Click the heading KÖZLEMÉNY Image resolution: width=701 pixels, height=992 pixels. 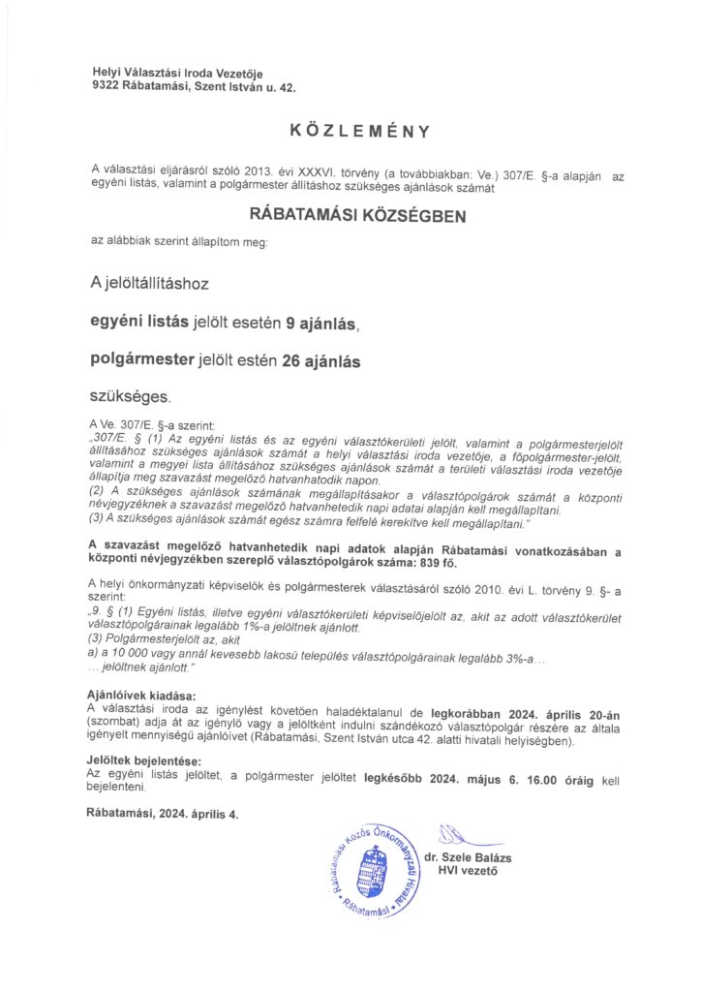click(358, 130)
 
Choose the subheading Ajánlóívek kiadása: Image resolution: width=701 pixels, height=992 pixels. click(140, 697)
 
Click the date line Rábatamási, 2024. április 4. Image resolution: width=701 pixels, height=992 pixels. click(162, 814)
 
